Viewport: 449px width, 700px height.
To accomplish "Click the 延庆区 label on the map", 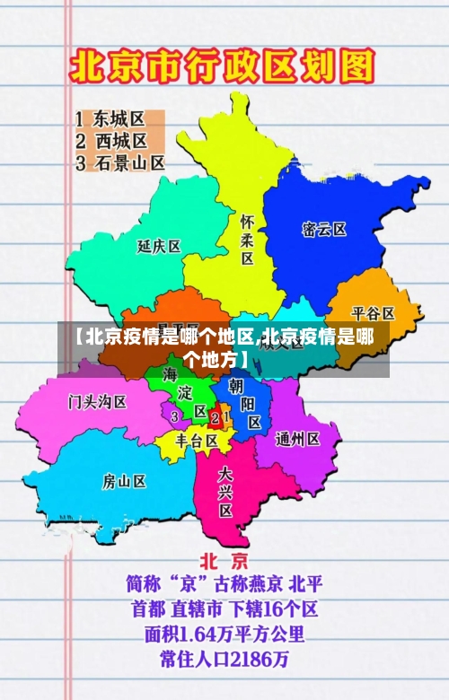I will (159, 246).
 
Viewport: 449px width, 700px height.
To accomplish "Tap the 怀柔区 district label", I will (247, 239).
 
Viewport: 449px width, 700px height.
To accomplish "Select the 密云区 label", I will (324, 229).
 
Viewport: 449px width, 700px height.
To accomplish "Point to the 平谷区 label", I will (373, 313).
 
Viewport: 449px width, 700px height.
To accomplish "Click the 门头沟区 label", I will (98, 401).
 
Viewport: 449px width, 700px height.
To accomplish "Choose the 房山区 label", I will (124, 482).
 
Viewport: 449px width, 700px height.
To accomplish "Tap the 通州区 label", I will (298, 439).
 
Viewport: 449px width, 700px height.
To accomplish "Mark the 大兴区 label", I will (225, 491).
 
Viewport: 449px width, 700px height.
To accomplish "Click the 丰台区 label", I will (197, 442).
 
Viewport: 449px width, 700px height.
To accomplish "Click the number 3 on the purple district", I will (174, 416).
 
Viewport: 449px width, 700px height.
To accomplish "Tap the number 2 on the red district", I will (215, 418).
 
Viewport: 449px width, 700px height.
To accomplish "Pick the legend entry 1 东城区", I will (110, 118).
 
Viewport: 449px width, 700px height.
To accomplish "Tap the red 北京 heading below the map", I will (224, 561).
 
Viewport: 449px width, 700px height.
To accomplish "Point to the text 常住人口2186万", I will (224, 660).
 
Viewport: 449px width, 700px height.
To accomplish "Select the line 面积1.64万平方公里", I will (224, 634).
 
